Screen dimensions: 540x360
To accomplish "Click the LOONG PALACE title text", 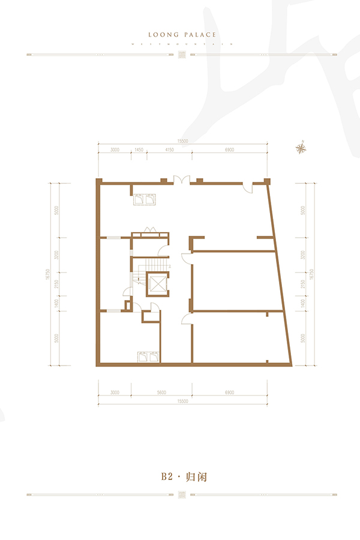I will point(181,35).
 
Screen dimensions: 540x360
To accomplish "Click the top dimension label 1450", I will point(138,149).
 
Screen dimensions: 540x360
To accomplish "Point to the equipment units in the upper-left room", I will point(145,199).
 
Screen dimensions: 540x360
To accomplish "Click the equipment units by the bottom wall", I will point(148,356).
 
